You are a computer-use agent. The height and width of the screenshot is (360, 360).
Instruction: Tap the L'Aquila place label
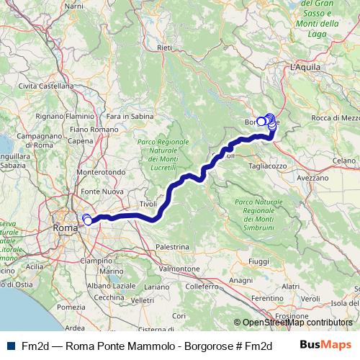pos(304,66)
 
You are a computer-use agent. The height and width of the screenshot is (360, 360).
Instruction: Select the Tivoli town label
pos(148,204)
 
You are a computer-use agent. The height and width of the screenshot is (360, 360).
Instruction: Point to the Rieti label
pos(165,48)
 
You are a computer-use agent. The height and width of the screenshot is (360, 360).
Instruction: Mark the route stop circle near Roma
pos(87,220)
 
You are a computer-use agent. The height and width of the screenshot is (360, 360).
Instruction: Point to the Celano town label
pos(343,161)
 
